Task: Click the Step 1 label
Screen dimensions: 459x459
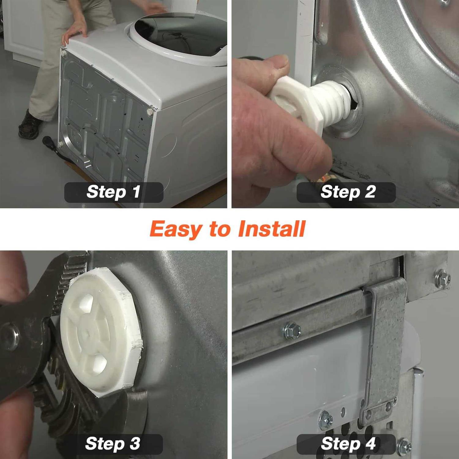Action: [x=114, y=192]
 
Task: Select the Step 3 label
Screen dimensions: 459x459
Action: [x=113, y=444]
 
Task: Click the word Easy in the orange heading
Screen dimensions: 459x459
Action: [x=176, y=229]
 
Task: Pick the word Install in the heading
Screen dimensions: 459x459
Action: [x=272, y=229]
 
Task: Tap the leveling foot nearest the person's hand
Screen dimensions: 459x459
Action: [x=64, y=53]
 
